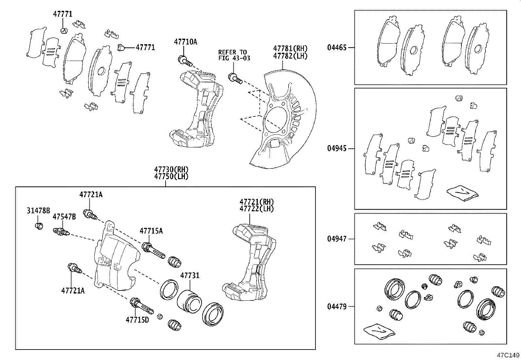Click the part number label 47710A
tap(185, 42)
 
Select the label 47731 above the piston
tap(189, 275)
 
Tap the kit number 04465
tap(337, 47)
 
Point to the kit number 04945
tap(337, 148)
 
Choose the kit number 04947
tap(337, 239)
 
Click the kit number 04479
tap(337, 307)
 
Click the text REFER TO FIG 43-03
tap(233, 55)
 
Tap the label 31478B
tap(38, 210)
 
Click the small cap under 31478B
tap(39, 226)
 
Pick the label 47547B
tap(64, 217)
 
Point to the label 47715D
tap(137, 319)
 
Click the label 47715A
tap(151, 231)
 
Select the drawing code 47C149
tap(508, 355)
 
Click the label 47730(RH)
tap(171, 170)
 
